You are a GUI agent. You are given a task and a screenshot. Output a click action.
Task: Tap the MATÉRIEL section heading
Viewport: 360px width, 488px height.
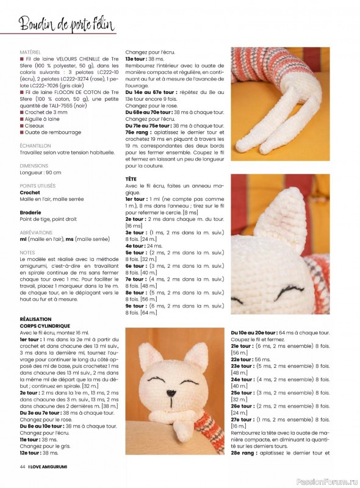[31, 52]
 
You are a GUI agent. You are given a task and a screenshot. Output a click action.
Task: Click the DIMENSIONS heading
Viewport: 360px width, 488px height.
[33, 165]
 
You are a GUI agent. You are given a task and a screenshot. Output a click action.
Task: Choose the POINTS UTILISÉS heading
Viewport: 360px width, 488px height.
[37, 185]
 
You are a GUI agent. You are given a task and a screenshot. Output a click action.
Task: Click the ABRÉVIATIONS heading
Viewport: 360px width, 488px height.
[36, 232]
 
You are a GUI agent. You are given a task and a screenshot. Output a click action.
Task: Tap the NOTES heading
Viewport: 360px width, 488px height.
[27, 252]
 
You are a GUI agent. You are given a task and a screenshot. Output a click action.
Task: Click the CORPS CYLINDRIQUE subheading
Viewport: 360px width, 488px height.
[45, 326]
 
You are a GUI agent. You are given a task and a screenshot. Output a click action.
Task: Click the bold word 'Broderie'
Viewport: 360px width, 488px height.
[32, 212]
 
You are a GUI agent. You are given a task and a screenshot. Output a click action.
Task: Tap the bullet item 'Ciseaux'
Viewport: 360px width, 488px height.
[34, 125]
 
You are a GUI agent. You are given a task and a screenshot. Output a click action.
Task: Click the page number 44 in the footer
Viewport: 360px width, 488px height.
[22, 466]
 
